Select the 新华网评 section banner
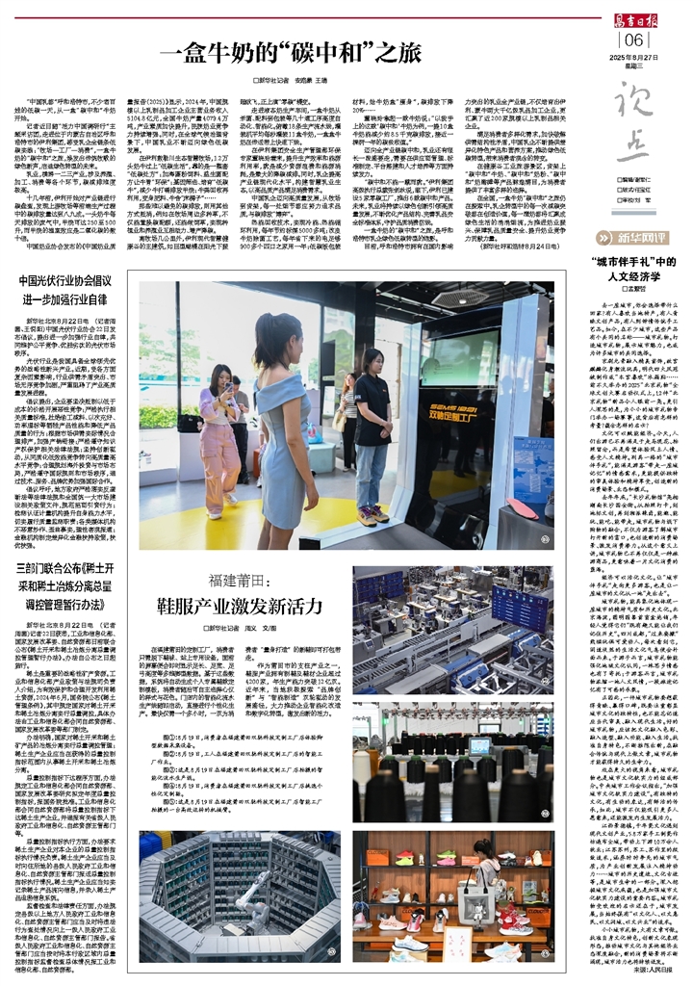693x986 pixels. coord(645,236)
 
